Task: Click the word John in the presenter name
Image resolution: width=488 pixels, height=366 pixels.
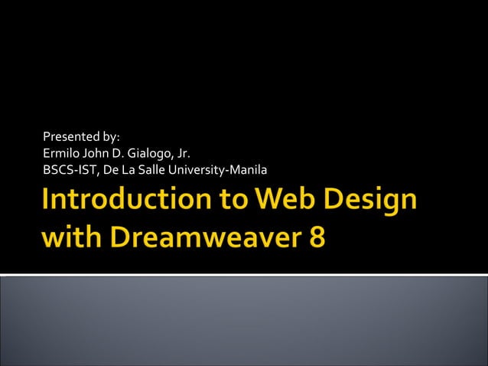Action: point(93,153)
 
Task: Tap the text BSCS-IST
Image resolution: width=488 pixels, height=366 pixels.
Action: point(72,168)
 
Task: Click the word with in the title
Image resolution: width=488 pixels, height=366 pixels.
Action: point(70,237)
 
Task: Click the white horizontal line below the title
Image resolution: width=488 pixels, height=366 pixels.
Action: point(244,273)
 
